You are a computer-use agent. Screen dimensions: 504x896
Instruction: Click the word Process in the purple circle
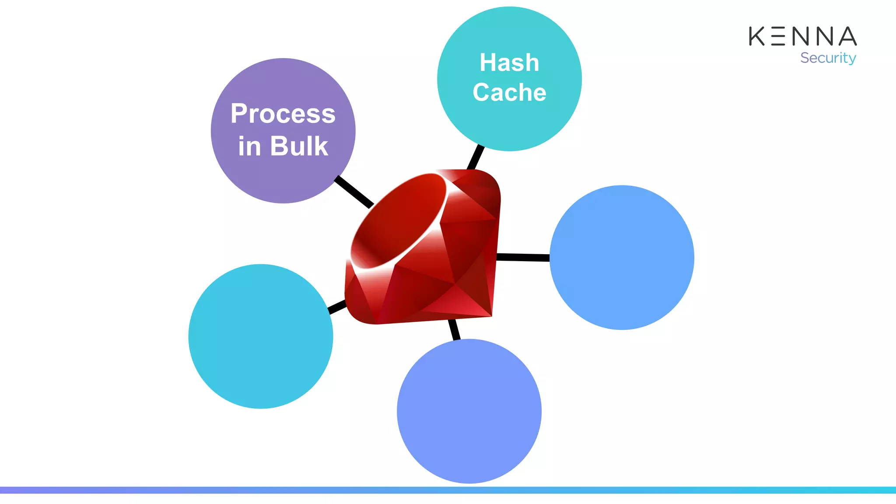tap(283, 114)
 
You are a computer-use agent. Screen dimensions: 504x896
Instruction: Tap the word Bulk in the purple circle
tap(299, 146)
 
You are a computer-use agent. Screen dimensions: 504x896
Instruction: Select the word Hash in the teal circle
tap(509, 63)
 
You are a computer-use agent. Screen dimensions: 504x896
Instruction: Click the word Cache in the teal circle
tap(509, 92)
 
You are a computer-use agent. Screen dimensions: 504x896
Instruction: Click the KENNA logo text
tap(802, 36)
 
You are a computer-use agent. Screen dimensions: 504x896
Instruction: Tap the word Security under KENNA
tap(828, 58)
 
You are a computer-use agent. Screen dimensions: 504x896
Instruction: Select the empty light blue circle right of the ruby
tap(622, 257)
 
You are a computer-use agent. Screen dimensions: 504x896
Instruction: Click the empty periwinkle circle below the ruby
tap(469, 411)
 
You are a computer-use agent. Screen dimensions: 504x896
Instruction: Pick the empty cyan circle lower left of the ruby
tap(261, 336)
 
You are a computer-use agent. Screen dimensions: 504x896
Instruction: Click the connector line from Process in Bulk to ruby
tap(354, 192)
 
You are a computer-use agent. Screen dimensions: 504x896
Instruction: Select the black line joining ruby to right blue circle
tap(523, 257)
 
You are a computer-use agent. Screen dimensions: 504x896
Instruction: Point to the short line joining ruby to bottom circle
tap(454, 329)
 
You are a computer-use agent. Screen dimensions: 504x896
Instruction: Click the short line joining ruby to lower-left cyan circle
tap(337, 307)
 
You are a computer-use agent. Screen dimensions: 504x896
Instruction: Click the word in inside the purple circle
tap(249, 146)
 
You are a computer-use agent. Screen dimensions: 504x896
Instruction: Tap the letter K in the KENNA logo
tap(757, 36)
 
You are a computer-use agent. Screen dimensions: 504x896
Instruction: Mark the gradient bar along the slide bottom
tap(448, 490)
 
